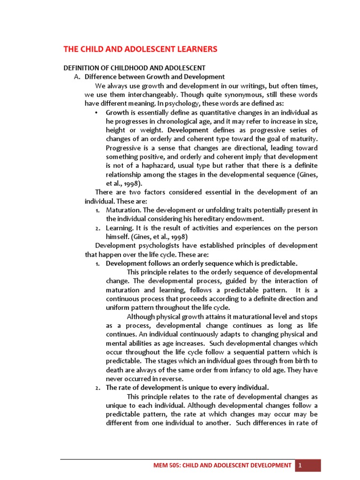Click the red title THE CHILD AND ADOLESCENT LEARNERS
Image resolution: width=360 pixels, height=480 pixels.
pos(141,49)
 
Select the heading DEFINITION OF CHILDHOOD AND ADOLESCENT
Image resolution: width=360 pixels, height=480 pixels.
pos(135,68)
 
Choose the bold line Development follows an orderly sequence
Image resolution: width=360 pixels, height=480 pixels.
pos(202,263)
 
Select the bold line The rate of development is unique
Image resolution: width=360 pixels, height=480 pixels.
pos(187,387)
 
